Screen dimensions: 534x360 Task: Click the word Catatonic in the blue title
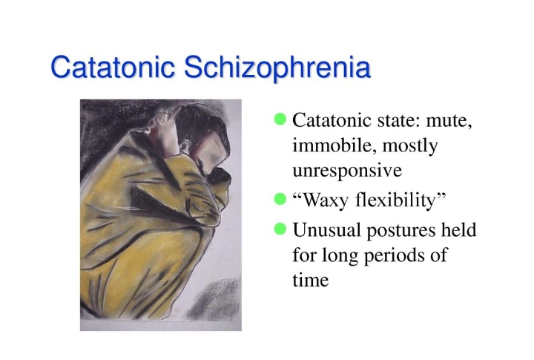click(113, 67)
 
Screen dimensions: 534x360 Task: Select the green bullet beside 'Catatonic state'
click(280, 119)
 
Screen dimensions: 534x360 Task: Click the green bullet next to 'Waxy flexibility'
click(280, 199)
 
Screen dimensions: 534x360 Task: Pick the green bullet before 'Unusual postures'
click(280, 229)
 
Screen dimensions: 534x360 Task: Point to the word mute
click(449, 121)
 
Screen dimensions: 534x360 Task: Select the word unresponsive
click(347, 171)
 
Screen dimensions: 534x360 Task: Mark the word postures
click(400, 231)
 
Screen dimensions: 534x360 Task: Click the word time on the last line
click(311, 281)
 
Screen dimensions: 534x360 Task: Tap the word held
click(459, 229)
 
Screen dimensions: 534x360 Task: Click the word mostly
click(410, 146)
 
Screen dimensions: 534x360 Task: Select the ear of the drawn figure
click(185, 147)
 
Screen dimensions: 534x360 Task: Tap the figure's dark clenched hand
click(220, 176)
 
